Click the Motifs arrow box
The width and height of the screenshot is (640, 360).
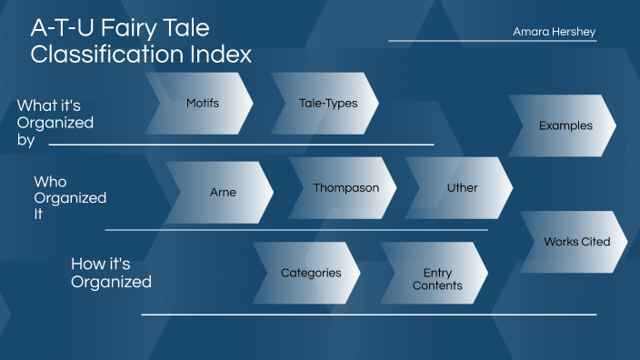202,104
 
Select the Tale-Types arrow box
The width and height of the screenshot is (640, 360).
327,104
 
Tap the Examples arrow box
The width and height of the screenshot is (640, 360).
565,126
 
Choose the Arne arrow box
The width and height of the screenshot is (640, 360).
222,193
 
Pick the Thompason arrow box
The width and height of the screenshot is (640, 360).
345,188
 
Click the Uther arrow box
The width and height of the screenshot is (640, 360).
461,188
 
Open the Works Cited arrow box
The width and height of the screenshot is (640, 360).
576,242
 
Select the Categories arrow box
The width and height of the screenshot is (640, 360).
310,273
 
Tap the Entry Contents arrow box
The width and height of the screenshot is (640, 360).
436,279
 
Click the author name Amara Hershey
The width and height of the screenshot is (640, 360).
554,32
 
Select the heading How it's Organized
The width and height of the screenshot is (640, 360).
111,273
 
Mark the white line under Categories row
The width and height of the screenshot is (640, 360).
368,315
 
